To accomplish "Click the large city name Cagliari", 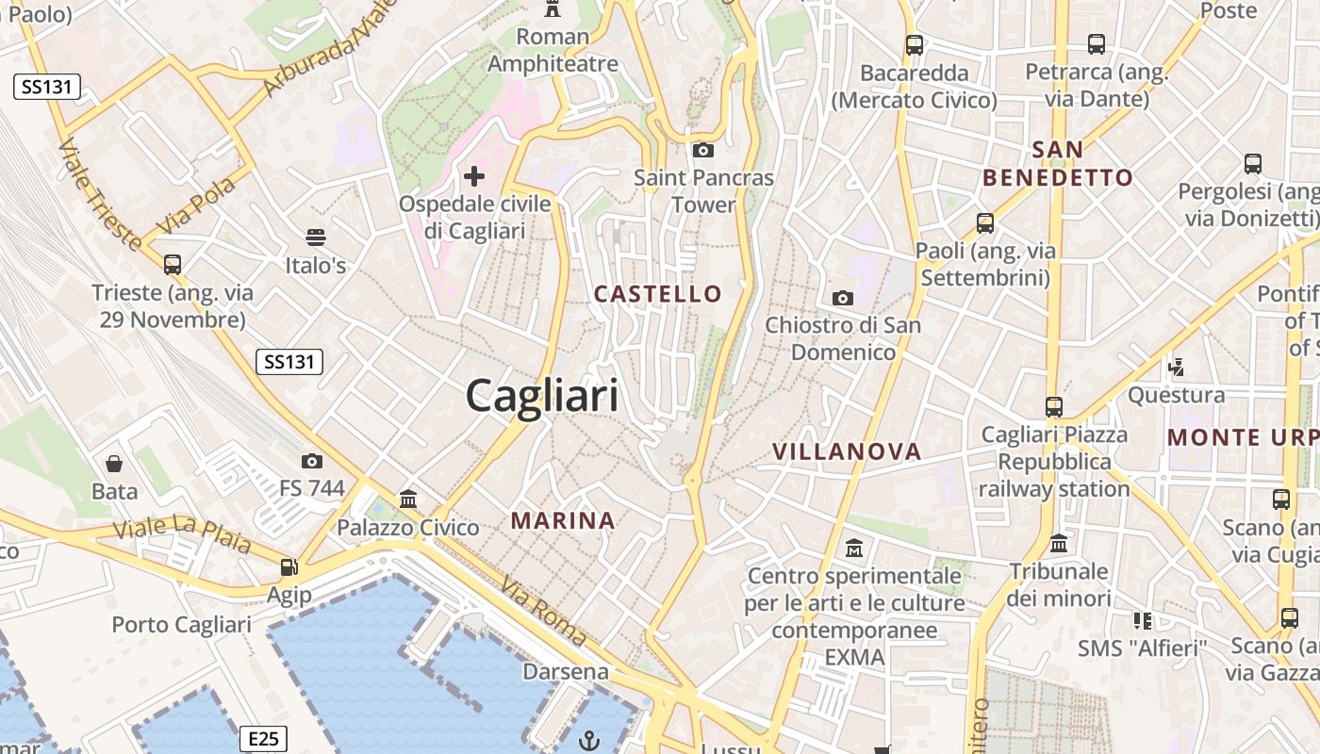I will click(x=542, y=396).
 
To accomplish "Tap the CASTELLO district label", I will click(x=658, y=294).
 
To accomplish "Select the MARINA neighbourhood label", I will click(x=563, y=520).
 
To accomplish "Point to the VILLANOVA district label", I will click(x=847, y=451).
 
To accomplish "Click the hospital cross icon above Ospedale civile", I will click(x=474, y=175).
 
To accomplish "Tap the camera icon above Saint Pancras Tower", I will click(x=702, y=150).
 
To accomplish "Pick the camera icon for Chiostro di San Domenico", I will click(x=843, y=298).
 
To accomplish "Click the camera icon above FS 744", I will click(x=312, y=461).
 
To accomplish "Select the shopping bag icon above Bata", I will click(x=114, y=464).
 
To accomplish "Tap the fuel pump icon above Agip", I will click(x=289, y=567).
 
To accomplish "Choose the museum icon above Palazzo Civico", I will click(x=408, y=499).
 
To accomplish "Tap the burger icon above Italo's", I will click(x=315, y=237).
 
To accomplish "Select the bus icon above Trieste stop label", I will click(x=172, y=264).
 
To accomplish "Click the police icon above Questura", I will click(x=1176, y=366).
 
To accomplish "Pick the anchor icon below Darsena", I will click(x=589, y=740).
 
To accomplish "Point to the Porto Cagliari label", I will click(x=181, y=625).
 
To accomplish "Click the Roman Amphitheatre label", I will click(x=553, y=51).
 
